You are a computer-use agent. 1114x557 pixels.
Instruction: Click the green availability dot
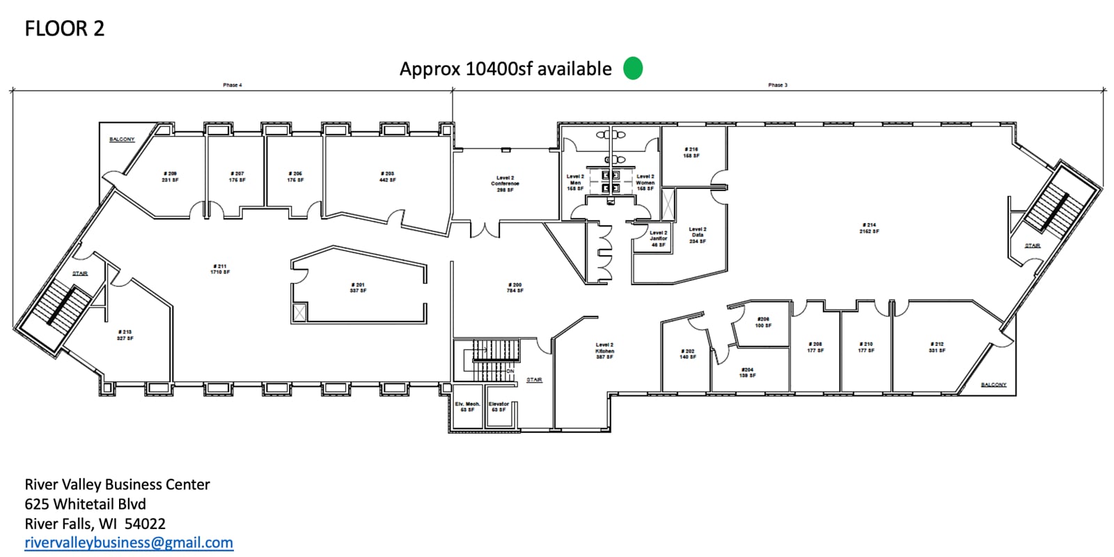[632, 68]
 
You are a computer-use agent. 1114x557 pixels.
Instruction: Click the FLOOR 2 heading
[64, 29]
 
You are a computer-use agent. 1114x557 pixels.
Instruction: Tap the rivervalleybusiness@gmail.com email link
[129, 542]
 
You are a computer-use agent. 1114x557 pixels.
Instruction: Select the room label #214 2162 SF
[870, 228]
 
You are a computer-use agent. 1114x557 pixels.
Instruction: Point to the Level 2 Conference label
[505, 184]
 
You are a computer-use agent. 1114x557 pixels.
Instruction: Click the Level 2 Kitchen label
[604, 351]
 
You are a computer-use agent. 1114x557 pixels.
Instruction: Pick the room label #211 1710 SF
[220, 269]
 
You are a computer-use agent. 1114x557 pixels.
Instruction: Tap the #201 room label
[358, 287]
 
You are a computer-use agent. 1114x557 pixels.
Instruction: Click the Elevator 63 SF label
[499, 406]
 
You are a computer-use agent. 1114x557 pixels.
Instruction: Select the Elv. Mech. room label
[467, 406]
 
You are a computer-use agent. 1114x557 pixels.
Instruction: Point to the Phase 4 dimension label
[233, 85]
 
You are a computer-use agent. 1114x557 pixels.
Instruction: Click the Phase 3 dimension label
[778, 85]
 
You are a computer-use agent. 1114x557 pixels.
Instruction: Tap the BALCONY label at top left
[122, 139]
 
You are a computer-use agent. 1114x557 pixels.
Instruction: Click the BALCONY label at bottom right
[994, 385]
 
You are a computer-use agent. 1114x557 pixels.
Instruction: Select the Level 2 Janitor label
[658, 238]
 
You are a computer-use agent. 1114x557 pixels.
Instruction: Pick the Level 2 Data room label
[697, 235]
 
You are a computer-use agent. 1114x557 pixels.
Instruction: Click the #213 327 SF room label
[125, 335]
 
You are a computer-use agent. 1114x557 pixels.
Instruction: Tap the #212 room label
[936, 346]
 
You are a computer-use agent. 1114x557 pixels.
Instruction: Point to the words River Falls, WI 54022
[95, 524]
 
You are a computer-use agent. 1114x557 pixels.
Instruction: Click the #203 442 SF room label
[388, 176]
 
